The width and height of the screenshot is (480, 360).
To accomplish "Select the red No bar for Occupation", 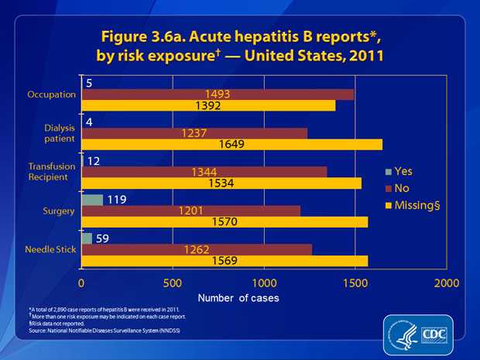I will [218, 94].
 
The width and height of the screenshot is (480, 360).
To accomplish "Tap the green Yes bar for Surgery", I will [92, 200].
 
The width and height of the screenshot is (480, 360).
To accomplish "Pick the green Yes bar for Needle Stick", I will [87, 238].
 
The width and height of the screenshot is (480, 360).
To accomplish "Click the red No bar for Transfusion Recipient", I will [204, 171].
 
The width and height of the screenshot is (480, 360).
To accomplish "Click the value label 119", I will [118, 200].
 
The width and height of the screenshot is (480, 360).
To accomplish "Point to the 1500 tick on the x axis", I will [355, 283].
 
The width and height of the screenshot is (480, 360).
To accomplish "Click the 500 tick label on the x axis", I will [173, 283].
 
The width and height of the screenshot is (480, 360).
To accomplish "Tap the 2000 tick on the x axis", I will [446, 283].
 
